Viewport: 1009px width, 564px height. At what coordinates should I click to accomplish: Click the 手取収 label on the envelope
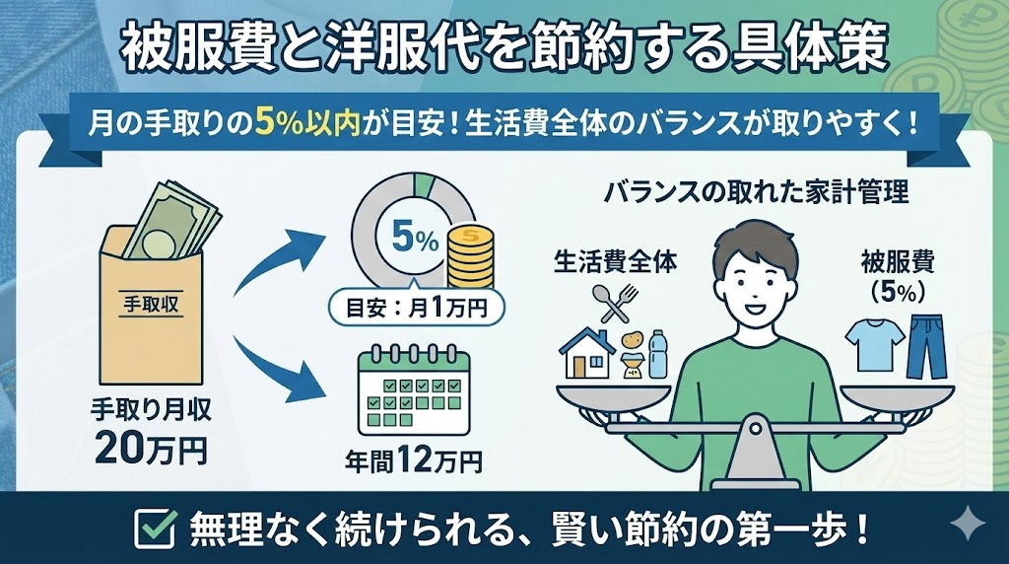click(x=151, y=304)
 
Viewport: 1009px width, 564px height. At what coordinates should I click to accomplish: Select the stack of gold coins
click(x=470, y=257)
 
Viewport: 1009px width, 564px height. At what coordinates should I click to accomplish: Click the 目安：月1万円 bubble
click(x=417, y=309)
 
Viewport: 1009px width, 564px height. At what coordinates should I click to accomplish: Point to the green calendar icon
click(x=414, y=389)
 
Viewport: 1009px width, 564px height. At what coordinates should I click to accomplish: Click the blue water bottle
click(x=657, y=354)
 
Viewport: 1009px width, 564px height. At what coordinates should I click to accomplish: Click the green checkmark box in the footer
click(x=155, y=528)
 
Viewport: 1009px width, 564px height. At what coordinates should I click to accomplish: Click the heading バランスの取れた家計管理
click(x=757, y=192)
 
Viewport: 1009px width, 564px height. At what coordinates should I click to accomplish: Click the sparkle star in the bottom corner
click(x=968, y=527)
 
